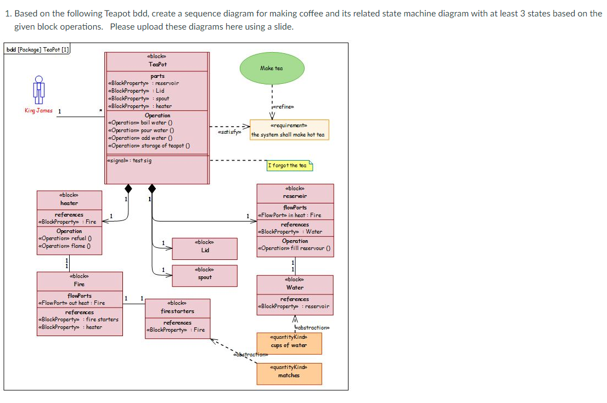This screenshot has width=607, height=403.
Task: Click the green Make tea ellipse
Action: click(272, 68)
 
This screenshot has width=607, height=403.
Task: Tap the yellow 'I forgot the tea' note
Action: click(289, 165)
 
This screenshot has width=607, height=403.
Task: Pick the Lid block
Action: click(205, 248)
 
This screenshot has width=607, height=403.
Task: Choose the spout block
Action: click(205, 275)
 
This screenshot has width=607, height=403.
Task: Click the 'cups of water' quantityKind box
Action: click(289, 343)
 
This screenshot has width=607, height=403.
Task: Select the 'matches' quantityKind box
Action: click(289, 373)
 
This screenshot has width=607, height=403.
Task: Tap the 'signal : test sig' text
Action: click(130, 161)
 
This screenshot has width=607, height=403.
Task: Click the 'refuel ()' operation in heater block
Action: click(64, 239)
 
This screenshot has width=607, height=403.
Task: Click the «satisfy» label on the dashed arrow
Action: click(229, 133)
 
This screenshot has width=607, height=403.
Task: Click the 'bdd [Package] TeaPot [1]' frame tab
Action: click(37, 49)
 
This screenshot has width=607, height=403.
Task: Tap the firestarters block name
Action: click(177, 311)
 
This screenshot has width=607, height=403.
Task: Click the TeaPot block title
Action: click(158, 64)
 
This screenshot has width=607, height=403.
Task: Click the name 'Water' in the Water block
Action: click(295, 287)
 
